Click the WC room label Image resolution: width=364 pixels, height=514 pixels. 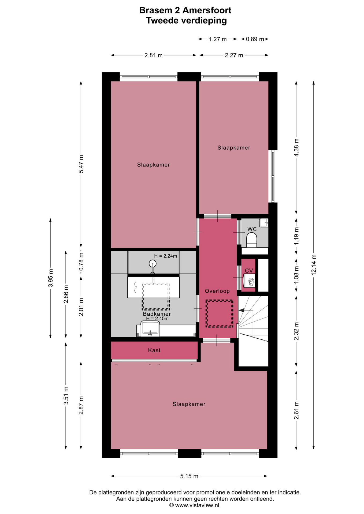coord(252,229)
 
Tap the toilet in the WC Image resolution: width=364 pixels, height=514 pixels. coord(252,240)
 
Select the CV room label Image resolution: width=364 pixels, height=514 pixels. coord(249,271)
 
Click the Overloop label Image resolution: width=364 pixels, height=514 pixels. coord(217,291)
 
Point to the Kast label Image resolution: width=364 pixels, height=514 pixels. coord(154,350)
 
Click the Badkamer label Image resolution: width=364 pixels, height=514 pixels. coord(157,314)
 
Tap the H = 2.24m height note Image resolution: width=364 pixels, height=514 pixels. coord(165,256)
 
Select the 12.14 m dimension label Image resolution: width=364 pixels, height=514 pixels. coord(314,264)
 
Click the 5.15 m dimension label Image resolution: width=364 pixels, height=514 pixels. coord(189,476)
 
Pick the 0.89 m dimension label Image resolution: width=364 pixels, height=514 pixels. coord(255,39)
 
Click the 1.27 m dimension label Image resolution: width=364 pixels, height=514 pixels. coord(218,39)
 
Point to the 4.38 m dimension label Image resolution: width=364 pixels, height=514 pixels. coord(296,148)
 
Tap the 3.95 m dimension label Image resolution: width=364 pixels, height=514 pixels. coord(50,278)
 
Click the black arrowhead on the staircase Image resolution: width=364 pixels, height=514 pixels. coord(242,310)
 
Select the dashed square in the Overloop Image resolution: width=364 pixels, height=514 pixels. coord(219,313)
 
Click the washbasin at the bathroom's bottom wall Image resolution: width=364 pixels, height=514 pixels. coord(150,329)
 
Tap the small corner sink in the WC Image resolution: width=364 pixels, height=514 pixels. coord(264,222)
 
